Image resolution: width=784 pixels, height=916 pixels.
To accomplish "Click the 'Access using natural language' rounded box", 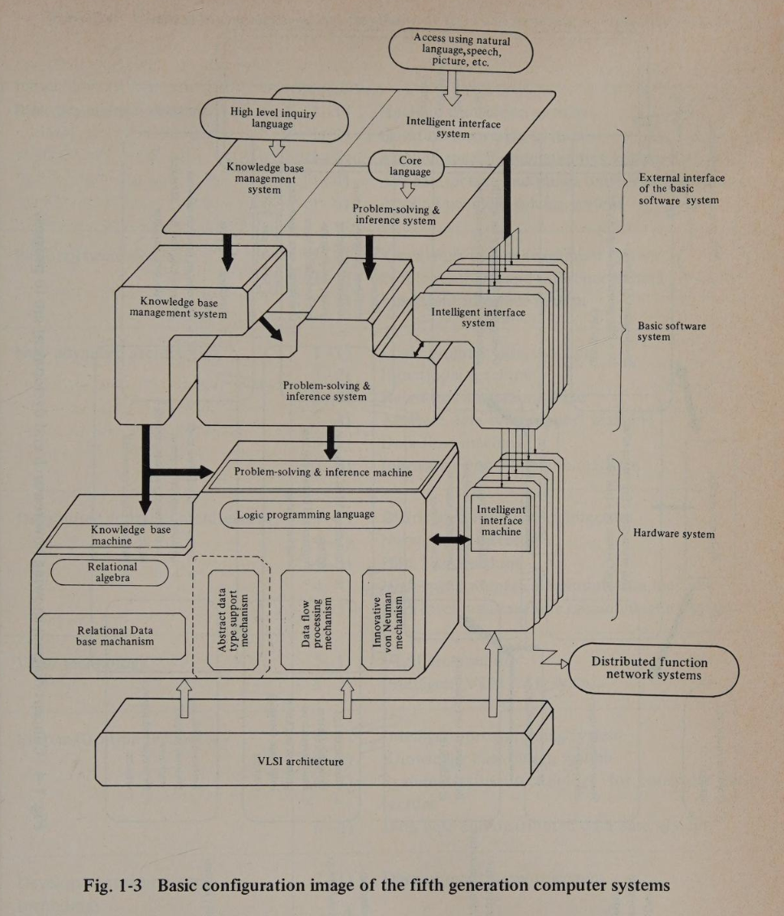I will point(460,50).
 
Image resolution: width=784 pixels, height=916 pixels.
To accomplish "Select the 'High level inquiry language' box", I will point(274,118).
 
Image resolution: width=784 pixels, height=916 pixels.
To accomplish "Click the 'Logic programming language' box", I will point(311,514).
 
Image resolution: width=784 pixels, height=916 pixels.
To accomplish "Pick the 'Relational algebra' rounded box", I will point(110,572).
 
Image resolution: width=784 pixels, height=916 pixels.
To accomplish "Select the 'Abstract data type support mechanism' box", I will point(233,618).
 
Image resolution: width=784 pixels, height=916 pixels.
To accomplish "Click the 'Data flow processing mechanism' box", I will point(316,618).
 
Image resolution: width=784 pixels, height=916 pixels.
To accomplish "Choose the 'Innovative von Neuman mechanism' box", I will point(388,618).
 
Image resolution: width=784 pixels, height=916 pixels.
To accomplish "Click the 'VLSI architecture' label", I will point(300,761).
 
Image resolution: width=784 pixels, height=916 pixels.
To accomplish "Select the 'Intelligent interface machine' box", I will point(501,521).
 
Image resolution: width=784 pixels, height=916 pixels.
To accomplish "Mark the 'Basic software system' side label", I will point(671,331).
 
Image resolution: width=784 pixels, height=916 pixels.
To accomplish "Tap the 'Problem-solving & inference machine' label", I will point(323,472).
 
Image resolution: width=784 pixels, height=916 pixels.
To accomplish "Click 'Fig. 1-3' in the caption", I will point(113,884).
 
